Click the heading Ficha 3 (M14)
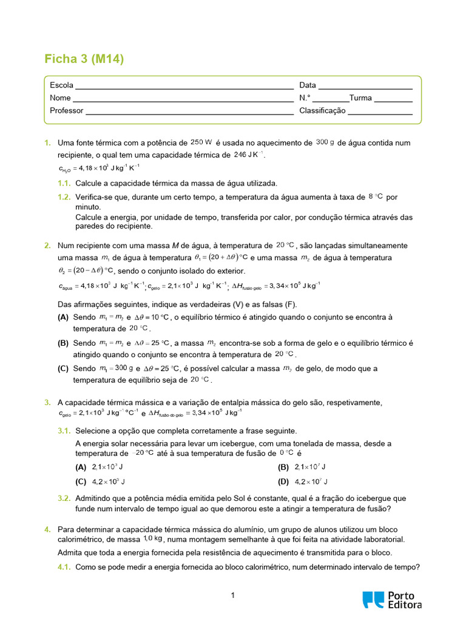coord(84,59)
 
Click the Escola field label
coord(62,85)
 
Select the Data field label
coord(308,85)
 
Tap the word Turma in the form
coord(360,98)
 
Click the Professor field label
coord(67,110)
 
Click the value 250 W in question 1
coord(201,142)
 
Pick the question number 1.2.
coord(64,197)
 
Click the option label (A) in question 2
coord(63,317)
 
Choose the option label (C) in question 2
coord(63,368)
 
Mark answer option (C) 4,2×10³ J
coord(100,482)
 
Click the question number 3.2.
coord(64,498)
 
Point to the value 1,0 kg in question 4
coord(152,539)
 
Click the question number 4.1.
coord(64,568)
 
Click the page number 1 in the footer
coord(233,596)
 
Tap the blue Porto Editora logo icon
coord(373,599)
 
